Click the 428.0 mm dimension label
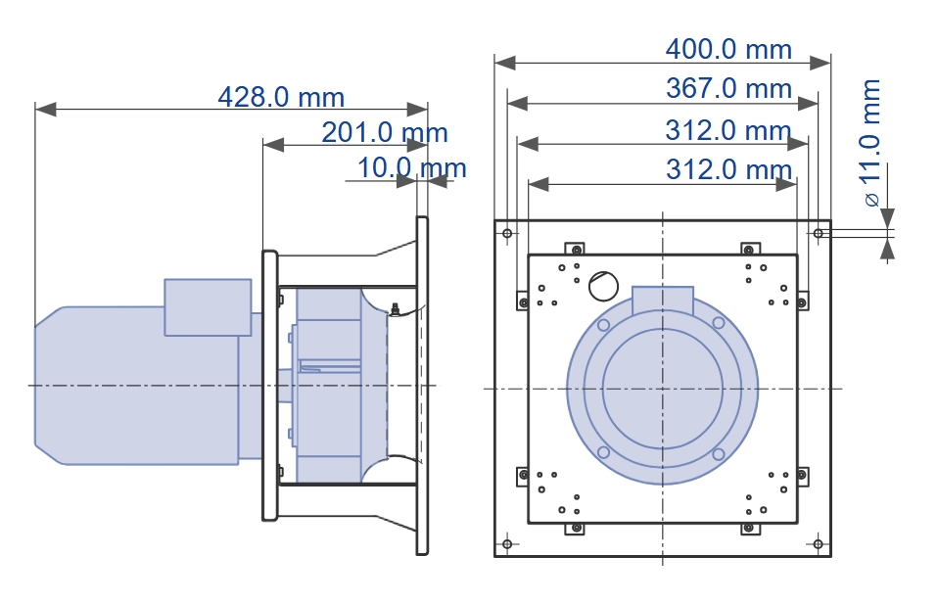(x=281, y=97)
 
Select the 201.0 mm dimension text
(x=385, y=132)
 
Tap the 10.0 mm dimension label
(x=411, y=167)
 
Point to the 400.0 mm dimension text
(x=728, y=49)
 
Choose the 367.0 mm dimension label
(x=728, y=88)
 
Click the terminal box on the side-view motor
(x=208, y=307)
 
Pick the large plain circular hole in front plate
(x=603, y=286)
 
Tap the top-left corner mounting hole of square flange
(x=507, y=233)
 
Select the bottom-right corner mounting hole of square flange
(x=818, y=544)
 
